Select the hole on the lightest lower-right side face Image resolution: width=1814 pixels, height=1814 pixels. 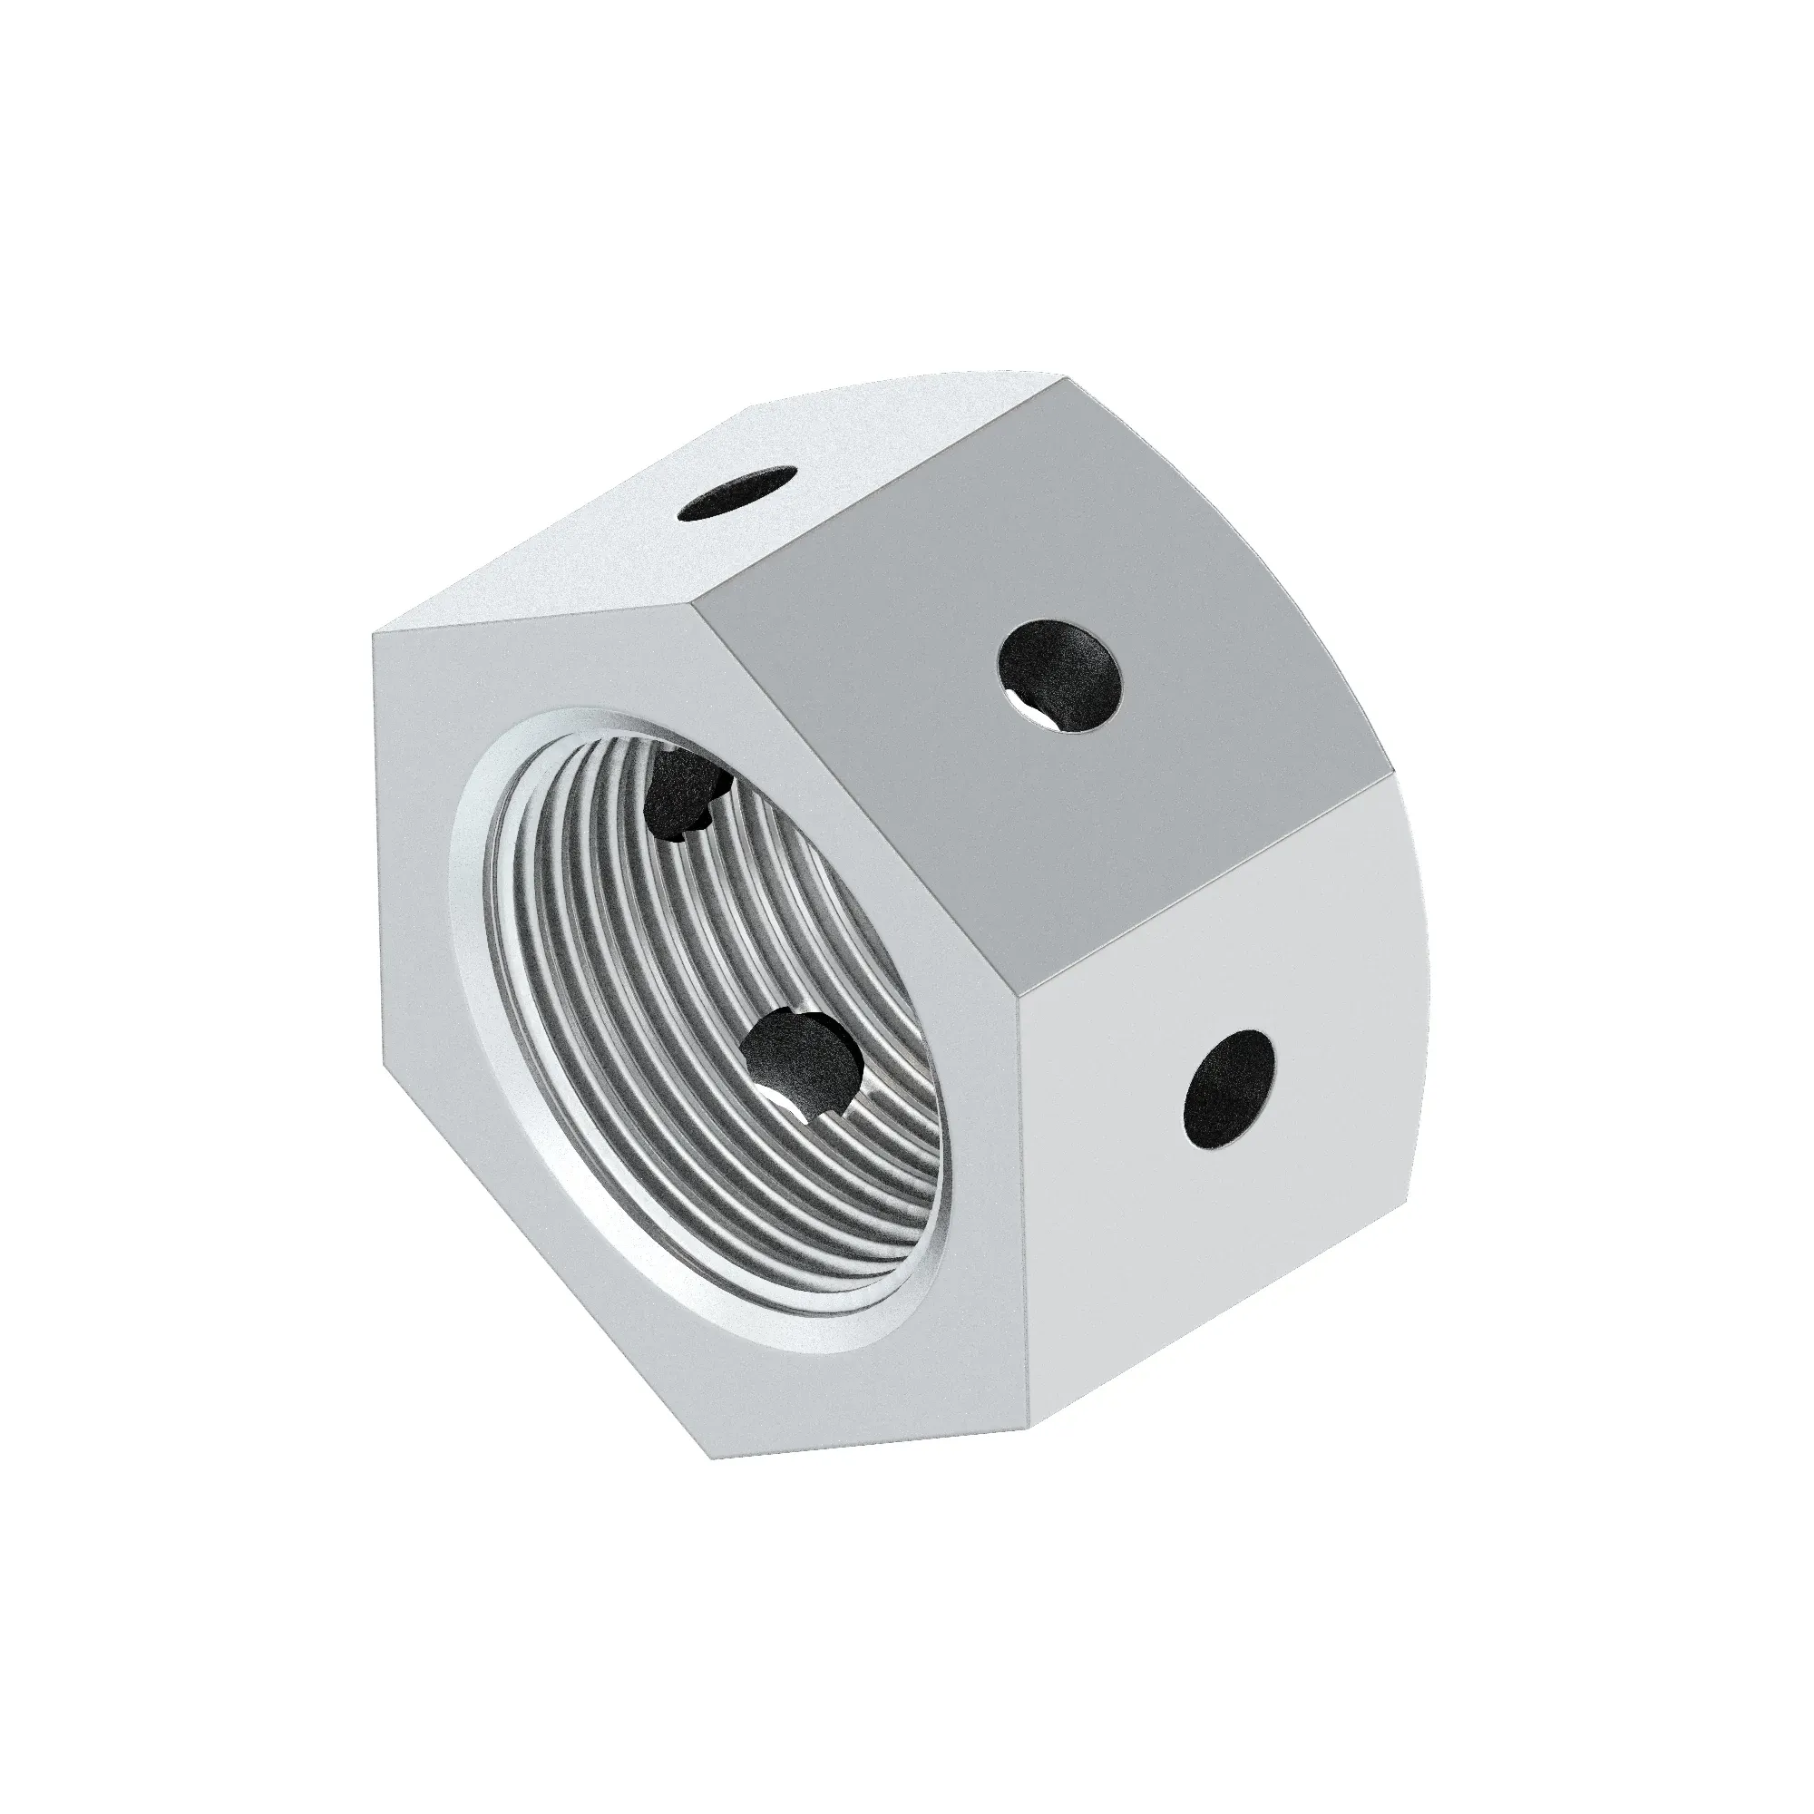[x=1231, y=1090]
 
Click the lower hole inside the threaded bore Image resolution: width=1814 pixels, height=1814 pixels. [x=804, y=1066]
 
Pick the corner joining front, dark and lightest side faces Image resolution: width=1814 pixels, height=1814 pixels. [x=1018, y=1002]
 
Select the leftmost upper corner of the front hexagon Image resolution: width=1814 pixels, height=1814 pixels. [x=374, y=632]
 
